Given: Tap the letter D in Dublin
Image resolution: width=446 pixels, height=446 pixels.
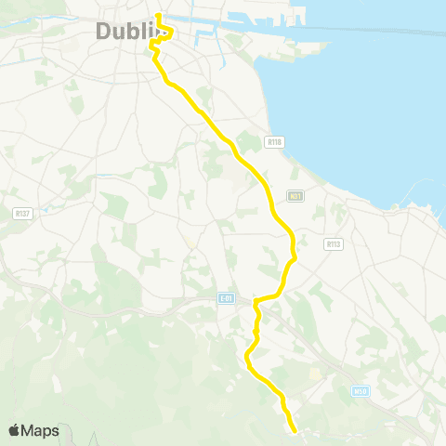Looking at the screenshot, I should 104,32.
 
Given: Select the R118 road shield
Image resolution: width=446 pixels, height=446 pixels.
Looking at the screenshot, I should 273,142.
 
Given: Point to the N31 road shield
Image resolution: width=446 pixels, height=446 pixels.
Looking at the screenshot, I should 295,195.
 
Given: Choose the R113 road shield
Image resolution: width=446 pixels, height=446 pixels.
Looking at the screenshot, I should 334,243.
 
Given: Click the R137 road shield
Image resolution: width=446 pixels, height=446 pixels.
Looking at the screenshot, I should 22,213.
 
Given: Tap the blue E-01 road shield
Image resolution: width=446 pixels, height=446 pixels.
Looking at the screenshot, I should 226,297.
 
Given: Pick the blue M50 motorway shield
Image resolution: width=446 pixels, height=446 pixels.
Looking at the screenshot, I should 361,391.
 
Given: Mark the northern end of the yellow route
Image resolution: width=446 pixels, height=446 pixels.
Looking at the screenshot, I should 159,15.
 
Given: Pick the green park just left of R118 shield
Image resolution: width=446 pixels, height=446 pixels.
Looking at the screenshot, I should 248,141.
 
